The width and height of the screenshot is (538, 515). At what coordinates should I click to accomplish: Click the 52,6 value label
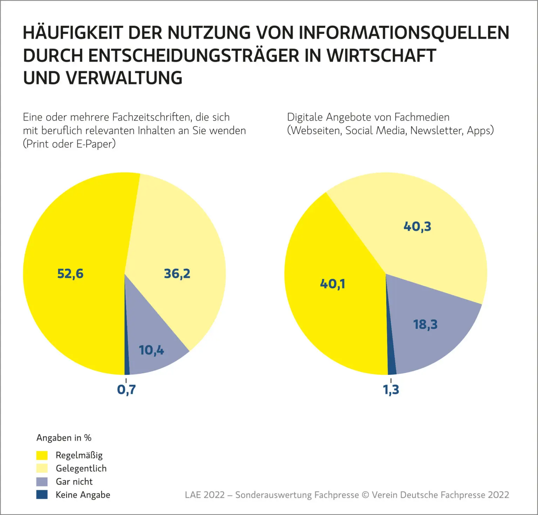pyautogui.click(x=70, y=273)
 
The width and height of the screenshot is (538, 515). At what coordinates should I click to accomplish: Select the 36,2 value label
pyautogui.click(x=177, y=273)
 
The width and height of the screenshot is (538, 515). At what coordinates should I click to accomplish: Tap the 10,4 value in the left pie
pyautogui.click(x=151, y=350)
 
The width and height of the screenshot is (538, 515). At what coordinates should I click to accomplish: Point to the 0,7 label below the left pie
pyautogui.click(x=126, y=389)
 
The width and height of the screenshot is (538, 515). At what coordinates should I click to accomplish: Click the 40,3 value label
pyautogui.click(x=418, y=227)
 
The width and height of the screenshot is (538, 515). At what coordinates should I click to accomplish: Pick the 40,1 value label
pyautogui.click(x=333, y=284)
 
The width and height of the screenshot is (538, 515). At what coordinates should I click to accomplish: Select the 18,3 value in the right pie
pyautogui.click(x=426, y=324)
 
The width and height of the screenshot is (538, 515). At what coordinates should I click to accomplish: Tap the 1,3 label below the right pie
pyautogui.click(x=391, y=389)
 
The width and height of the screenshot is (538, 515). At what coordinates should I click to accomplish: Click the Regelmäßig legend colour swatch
pyautogui.click(x=42, y=455)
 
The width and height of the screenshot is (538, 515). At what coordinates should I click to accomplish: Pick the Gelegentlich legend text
pyautogui.click(x=81, y=468)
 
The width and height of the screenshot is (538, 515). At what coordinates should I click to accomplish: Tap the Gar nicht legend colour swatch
pyautogui.click(x=42, y=482)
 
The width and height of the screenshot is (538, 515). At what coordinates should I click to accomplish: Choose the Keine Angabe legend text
pyautogui.click(x=83, y=495)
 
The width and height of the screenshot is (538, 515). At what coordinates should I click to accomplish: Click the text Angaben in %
pyautogui.click(x=64, y=438)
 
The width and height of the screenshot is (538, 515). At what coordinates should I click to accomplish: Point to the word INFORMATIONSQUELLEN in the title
pyautogui.click(x=404, y=33)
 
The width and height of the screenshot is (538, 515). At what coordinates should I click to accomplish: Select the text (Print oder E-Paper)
pyautogui.click(x=69, y=144)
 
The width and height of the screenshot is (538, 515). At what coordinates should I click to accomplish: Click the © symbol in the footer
pyautogui.click(x=365, y=495)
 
